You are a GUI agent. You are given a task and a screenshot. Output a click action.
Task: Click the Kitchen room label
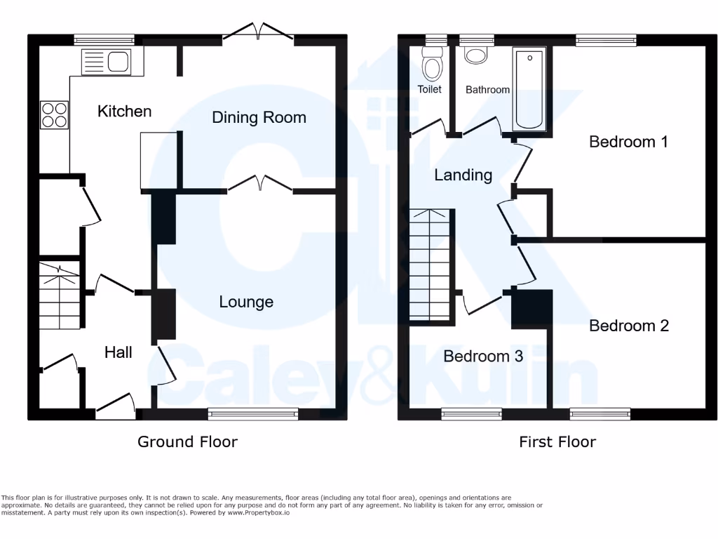coord(124,111)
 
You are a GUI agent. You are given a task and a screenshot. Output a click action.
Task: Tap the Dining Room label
coord(259,117)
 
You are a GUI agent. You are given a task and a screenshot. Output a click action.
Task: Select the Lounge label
coord(246,302)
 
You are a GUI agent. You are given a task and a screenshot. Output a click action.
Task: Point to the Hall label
coord(118,352)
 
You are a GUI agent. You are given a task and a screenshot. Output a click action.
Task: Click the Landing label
coord(463,175)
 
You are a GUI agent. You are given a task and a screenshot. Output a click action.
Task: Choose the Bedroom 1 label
coord(628,142)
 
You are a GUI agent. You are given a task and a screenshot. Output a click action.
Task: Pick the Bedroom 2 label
coord(628,326)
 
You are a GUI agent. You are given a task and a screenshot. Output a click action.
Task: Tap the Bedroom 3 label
coord(483,357)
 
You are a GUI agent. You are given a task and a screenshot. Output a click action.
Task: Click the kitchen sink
coord(105,62)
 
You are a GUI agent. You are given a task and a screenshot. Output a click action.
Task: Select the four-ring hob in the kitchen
coord(55,115)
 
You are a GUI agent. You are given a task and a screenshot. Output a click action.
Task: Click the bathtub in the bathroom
coord(529,88)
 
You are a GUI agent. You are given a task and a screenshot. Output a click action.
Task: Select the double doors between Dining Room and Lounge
coord(260,184)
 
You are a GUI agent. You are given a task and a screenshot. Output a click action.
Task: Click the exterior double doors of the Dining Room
coord(259,30)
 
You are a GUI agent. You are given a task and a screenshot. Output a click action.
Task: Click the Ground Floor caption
coord(187,441)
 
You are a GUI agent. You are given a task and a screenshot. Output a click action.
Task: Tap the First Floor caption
coord(557,441)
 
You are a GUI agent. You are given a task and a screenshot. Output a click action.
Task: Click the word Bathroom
coord(487,90)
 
